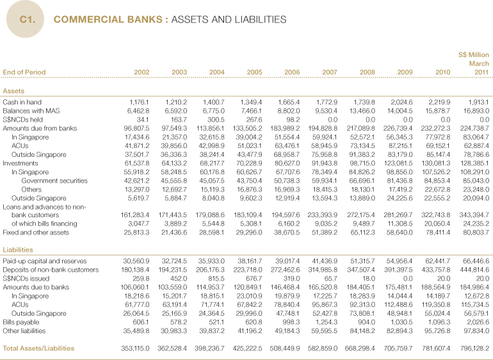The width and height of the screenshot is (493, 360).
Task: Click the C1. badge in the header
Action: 27,20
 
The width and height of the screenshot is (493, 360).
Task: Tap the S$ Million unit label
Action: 474,55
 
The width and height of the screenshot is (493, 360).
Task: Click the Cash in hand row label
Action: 22,102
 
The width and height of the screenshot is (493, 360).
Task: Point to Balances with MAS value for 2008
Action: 362,111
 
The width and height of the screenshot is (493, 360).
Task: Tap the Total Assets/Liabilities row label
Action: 38,348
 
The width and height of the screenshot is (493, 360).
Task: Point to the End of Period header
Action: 24,72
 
